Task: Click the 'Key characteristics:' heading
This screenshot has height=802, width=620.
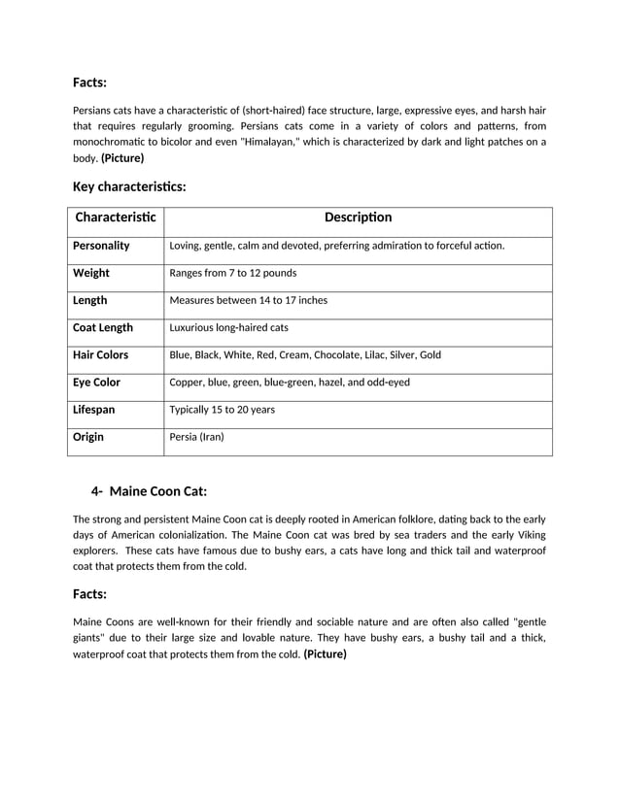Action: (129, 185)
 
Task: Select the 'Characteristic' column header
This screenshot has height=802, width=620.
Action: (115, 217)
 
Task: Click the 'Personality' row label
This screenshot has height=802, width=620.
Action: (101, 246)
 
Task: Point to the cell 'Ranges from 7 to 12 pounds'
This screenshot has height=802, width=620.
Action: (233, 273)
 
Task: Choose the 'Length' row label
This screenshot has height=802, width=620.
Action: (90, 300)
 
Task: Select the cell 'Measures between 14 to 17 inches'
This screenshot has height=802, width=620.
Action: (249, 300)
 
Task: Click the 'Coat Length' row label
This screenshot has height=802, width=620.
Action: (103, 327)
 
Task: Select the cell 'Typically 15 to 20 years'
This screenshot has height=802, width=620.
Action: (222, 410)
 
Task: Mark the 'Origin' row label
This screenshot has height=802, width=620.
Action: (88, 437)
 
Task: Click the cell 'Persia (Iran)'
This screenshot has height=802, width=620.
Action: (196, 437)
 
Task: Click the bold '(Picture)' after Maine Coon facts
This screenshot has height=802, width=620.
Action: (325, 654)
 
